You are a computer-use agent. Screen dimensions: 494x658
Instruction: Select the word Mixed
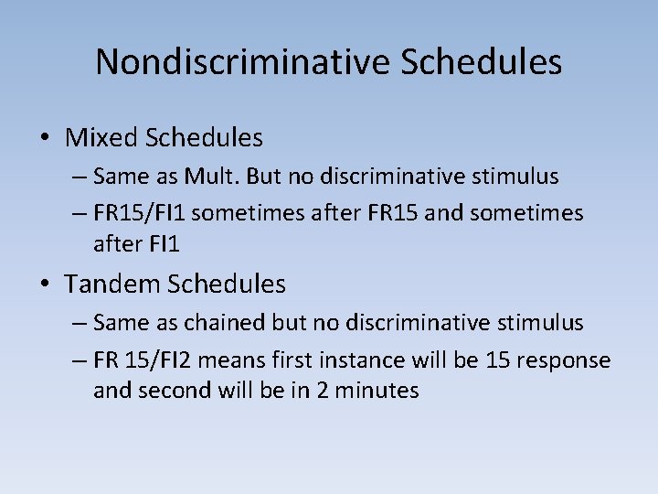[x=101, y=138]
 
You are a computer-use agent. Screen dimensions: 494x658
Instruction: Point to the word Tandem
[x=112, y=285]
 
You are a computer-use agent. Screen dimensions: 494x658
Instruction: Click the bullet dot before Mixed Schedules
[x=45, y=139]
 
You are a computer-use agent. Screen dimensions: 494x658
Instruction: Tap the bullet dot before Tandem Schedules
[x=45, y=285]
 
